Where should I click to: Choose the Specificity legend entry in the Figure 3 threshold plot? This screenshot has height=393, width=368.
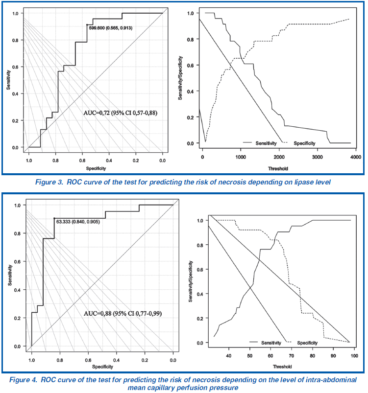click(304, 143)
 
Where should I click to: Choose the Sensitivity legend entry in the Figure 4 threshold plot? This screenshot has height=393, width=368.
click(268, 343)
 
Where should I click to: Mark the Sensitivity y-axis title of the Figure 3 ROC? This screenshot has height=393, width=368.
click(8, 81)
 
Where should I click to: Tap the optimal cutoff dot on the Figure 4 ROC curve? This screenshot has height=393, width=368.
click(54, 218)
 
